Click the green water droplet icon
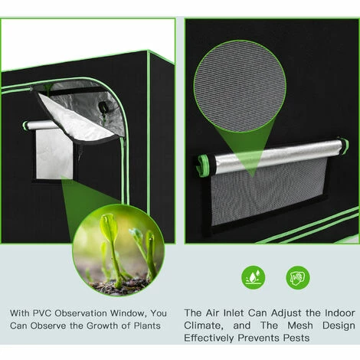tap(253, 277)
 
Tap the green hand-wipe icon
tap(297, 277)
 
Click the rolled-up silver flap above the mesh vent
tap(272, 157)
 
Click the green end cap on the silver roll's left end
tap(203, 166)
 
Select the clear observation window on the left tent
tap(54, 154)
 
